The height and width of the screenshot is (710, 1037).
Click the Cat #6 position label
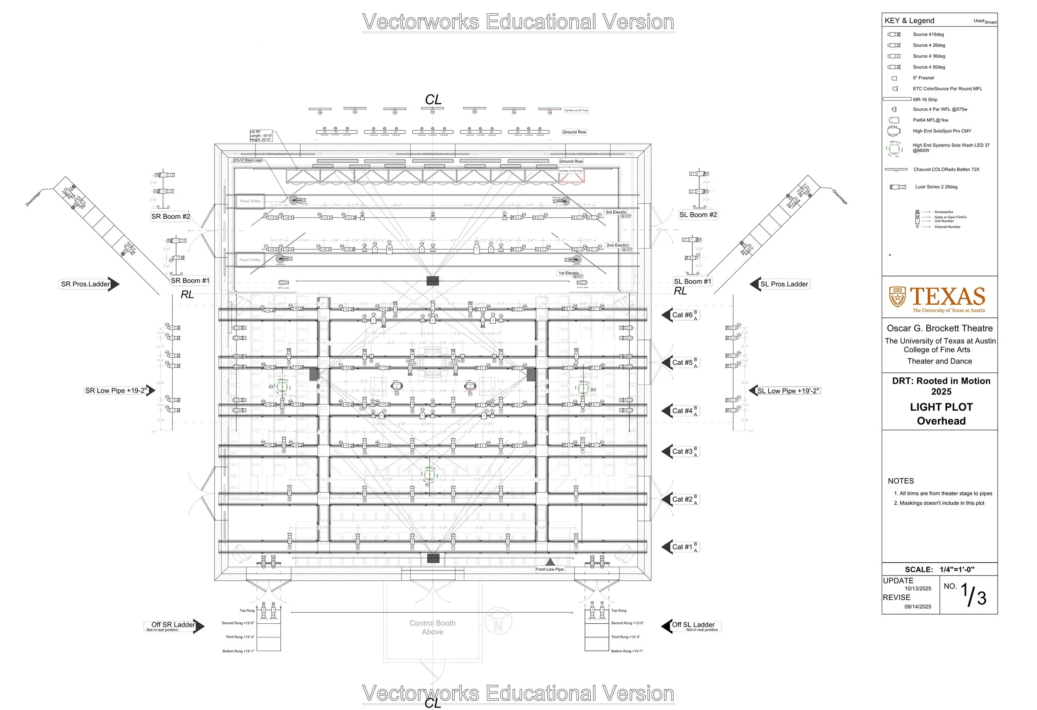[682, 315]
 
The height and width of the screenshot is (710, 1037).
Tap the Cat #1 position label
[682, 547]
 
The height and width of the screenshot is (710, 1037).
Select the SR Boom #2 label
[170, 217]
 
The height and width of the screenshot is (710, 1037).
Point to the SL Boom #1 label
[692, 282]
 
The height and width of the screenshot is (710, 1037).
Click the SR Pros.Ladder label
[85, 284]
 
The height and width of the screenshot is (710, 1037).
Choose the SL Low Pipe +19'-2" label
[788, 391]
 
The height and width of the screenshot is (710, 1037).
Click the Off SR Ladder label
[173, 625]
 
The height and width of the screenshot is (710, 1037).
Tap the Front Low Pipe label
[549, 569]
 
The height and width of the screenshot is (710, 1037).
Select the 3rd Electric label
[616, 212]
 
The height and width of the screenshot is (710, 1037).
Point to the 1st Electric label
[569, 273]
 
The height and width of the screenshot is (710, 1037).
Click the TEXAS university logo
[937, 298]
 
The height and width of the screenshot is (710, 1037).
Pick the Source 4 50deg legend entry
[929, 67]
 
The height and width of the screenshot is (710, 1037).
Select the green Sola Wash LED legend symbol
[894, 148]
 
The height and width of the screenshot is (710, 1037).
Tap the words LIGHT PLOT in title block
[941, 407]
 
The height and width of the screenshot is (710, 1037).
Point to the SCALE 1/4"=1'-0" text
[939, 569]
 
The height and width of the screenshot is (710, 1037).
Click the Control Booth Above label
[432, 627]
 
